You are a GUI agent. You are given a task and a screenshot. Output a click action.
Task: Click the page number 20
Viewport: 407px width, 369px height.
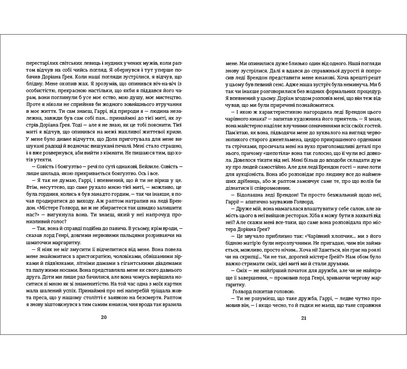[x=104, y=318]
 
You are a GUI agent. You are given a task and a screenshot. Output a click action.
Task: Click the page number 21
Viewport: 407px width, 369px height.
[x=303, y=318]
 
